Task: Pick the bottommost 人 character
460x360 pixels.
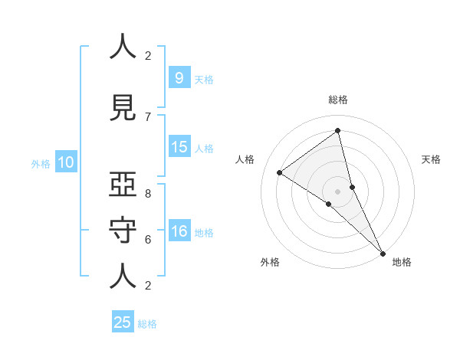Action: click(123, 276)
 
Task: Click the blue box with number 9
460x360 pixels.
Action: click(179, 77)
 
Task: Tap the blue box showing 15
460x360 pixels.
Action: click(179, 147)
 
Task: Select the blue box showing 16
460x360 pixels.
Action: click(179, 231)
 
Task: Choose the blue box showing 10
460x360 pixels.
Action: click(65, 162)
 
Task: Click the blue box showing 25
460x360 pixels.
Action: click(123, 322)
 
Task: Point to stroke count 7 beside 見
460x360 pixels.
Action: click(148, 116)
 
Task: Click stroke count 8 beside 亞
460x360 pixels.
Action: click(148, 194)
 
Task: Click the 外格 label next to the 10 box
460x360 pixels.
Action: click(41, 163)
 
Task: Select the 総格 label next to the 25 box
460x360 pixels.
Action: click(147, 324)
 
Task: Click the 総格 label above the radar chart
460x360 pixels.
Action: click(338, 100)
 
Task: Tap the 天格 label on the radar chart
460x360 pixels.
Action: click(432, 159)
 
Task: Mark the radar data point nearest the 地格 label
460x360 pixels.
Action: click(383, 252)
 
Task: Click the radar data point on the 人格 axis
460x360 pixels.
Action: click(279, 172)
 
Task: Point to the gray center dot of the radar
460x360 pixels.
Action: click(338, 190)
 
